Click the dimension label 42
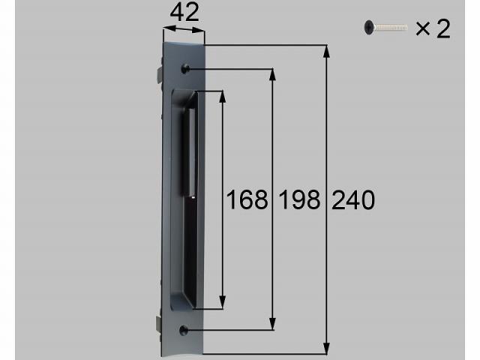(184, 13)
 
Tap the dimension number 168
(247, 200)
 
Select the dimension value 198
(300, 200)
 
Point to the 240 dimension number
(353, 200)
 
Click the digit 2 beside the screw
(443, 28)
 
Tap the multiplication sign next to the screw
(423, 28)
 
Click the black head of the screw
(369, 28)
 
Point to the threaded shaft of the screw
(391, 28)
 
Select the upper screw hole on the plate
(185, 68)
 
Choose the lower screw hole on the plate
(183, 330)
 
